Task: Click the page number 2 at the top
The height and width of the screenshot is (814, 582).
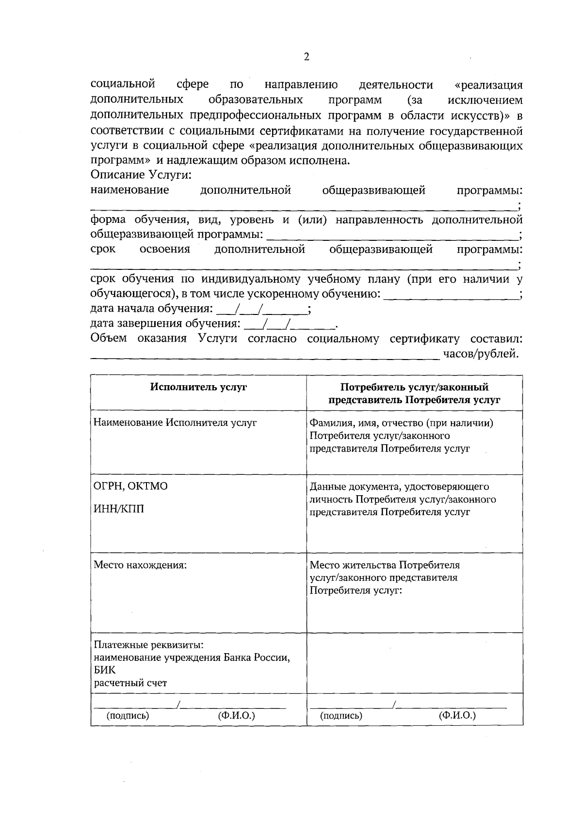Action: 306,57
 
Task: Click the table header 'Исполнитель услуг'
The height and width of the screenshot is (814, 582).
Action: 198,387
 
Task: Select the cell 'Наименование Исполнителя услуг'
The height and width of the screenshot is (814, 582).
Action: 175,423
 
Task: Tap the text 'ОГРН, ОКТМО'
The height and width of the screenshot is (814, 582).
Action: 130,486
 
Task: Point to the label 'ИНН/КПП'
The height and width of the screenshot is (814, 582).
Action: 119,509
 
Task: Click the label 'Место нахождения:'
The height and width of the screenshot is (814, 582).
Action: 140,565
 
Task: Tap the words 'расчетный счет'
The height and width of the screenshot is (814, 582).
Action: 130,683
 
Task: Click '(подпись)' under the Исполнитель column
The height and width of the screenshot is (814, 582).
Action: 128,716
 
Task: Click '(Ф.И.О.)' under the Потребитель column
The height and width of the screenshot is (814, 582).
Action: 457,716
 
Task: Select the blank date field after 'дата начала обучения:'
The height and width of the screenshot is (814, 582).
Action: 262,309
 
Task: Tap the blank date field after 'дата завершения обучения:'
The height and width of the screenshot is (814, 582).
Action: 290,324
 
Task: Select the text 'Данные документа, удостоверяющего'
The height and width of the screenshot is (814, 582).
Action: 399,486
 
